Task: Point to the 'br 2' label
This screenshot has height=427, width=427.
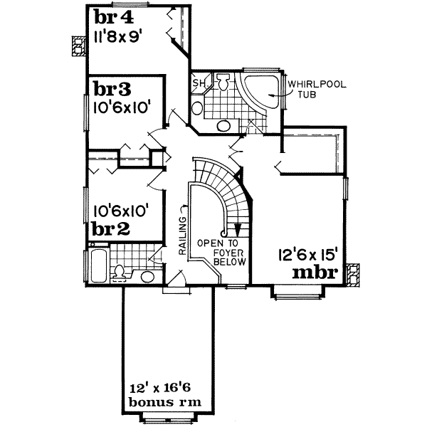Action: coord(110,229)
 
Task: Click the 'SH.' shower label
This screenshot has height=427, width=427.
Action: coord(199,85)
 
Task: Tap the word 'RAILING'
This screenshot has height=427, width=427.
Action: coord(182,239)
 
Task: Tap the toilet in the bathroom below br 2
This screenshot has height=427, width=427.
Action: coord(120,272)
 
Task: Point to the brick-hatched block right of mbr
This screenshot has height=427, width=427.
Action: coord(352,274)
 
